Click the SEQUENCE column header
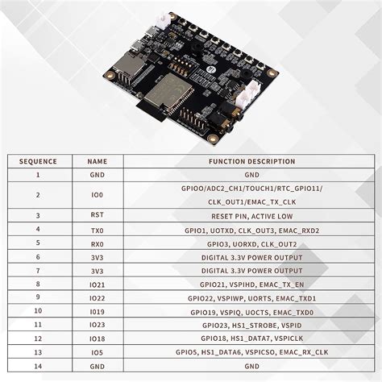pyautogui.click(x=38, y=161)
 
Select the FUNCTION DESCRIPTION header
pyautogui.click(x=251, y=161)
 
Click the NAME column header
pyautogui.click(x=98, y=161)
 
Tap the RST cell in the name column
pyautogui.click(x=98, y=216)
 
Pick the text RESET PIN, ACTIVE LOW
pyautogui.click(x=251, y=216)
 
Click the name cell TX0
pyautogui.click(x=98, y=230)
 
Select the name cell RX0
pyautogui.click(x=98, y=243)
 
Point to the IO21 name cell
pyautogui.click(x=98, y=284)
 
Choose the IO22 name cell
pyautogui.click(x=98, y=298)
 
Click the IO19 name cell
pyautogui.click(x=98, y=312)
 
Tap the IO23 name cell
pyautogui.click(x=98, y=325)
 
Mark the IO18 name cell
pyautogui.click(x=98, y=338)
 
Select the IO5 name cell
pyautogui.click(x=98, y=352)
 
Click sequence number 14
pyautogui.click(x=38, y=366)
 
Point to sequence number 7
pyautogui.click(x=38, y=271)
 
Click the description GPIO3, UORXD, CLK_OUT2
pyautogui.click(x=251, y=243)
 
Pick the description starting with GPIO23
pyautogui.click(x=251, y=325)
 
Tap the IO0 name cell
pyautogui.click(x=98, y=194)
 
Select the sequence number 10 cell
pyautogui.click(x=38, y=312)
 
